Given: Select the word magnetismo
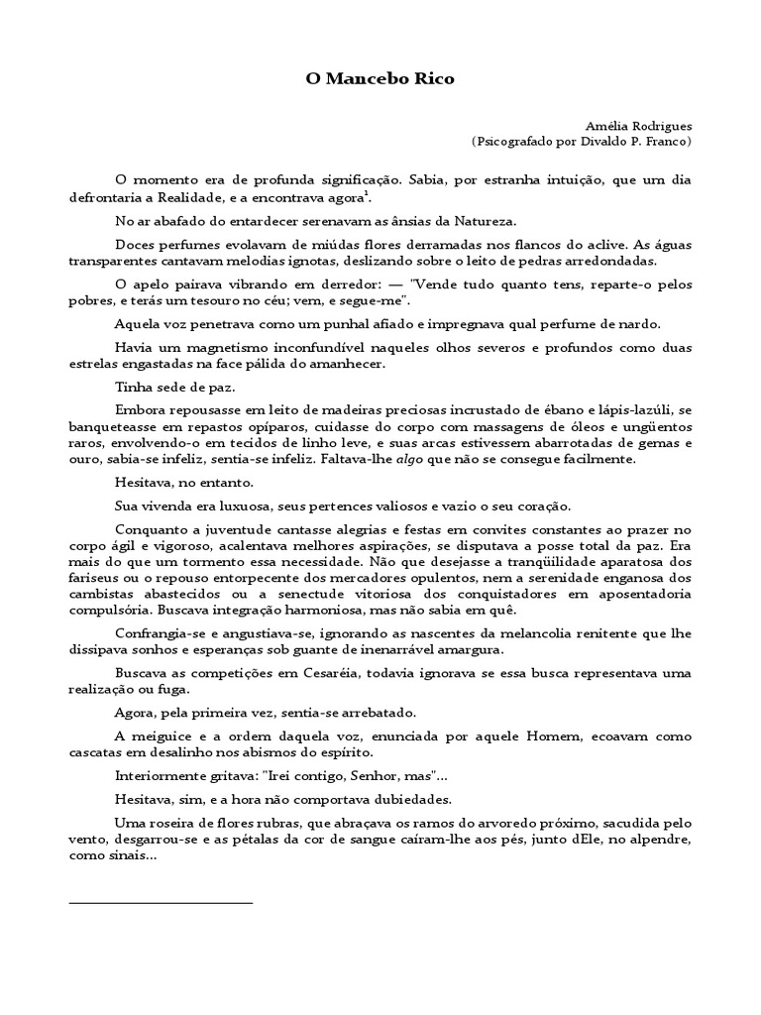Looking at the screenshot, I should coord(204,348).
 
